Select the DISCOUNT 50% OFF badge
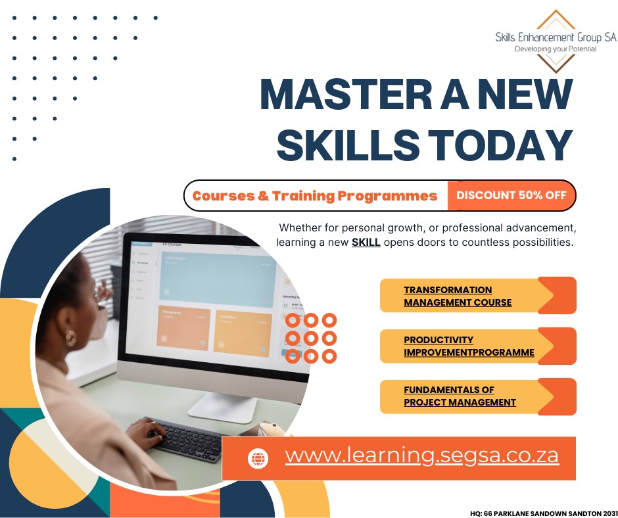pyautogui.click(x=511, y=195)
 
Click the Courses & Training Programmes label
pyautogui.click(x=315, y=196)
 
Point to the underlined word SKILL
pyautogui.click(x=366, y=243)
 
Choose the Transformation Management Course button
pyautogui.click(x=477, y=296)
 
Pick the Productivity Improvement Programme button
pyautogui.click(x=477, y=346)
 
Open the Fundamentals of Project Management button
pyautogui.click(x=477, y=396)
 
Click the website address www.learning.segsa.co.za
pyautogui.click(x=421, y=456)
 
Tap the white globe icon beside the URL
pyautogui.click(x=258, y=458)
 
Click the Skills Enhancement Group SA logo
pyautogui.click(x=556, y=40)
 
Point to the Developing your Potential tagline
pyautogui.click(x=556, y=49)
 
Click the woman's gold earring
pyautogui.click(x=69, y=338)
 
